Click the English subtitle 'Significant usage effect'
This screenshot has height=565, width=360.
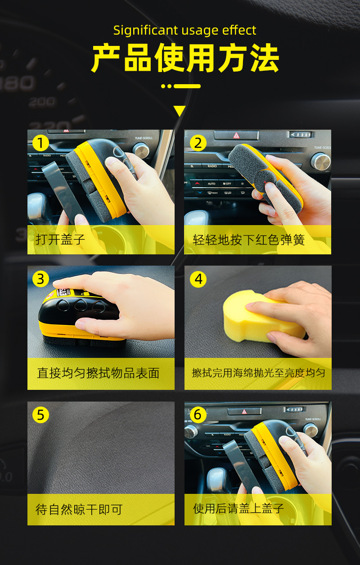(184, 30)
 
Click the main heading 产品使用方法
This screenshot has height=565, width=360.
(185, 59)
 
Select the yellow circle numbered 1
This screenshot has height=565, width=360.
(40, 144)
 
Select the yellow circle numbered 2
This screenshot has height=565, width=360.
(198, 144)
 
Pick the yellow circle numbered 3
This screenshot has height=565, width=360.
(40, 279)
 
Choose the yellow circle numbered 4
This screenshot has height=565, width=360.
(198, 279)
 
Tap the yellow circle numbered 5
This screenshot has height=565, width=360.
(40, 415)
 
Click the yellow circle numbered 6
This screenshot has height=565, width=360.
(198, 415)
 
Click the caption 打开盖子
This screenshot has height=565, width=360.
(60, 239)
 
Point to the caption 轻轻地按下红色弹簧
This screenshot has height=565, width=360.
(248, 240)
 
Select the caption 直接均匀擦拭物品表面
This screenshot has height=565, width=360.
(98, 373)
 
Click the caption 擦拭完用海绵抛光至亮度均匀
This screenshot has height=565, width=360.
(258, 373)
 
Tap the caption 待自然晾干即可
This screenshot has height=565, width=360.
(79, 509)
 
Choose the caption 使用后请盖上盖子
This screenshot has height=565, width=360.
(238, 509)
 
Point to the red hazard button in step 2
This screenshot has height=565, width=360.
(236, 135)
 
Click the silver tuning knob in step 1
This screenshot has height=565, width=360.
(141, 150)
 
